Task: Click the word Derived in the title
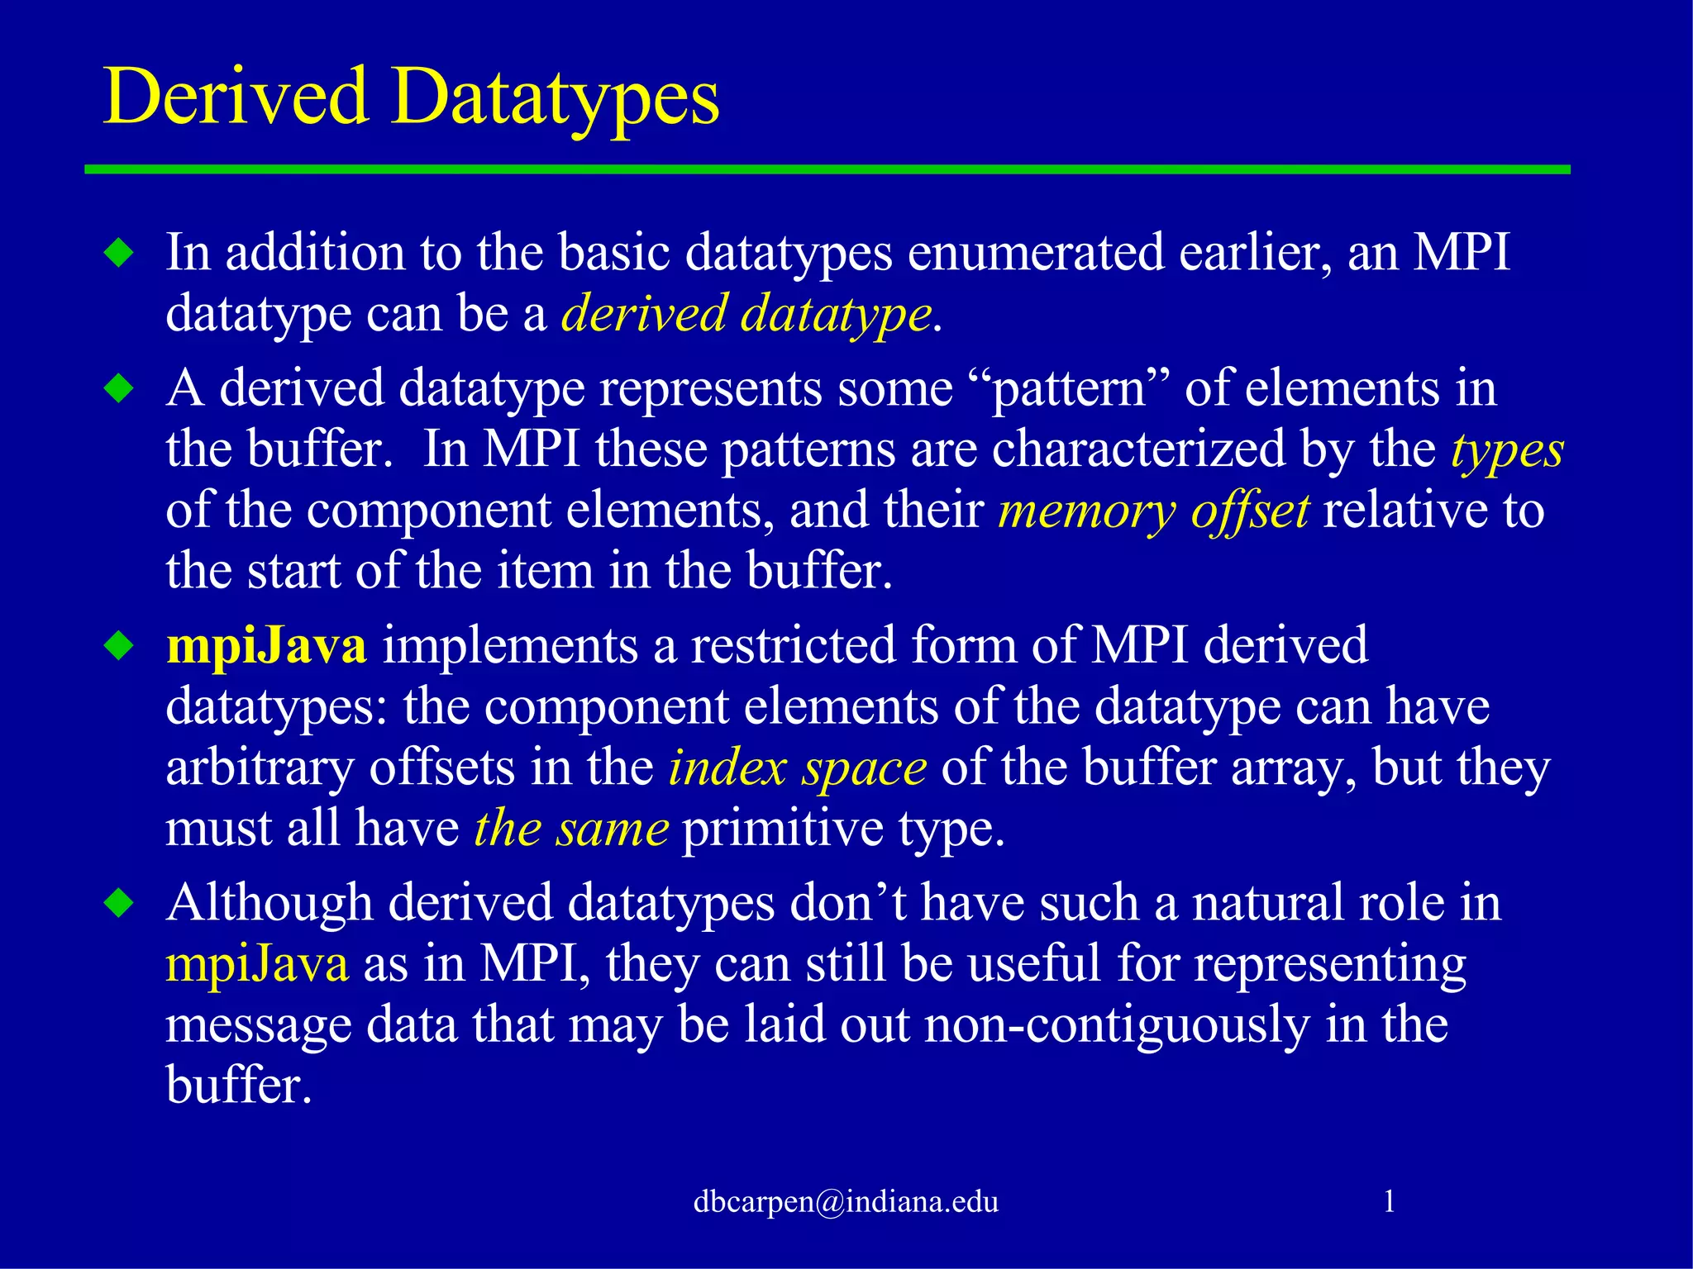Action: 236,97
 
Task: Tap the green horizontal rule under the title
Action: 827,169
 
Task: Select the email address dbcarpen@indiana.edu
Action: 846,1200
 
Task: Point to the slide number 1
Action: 1389,1200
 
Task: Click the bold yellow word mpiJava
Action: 266,645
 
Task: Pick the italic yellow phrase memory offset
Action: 1153,511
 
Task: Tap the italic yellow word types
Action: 1507,450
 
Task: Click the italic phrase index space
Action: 797,768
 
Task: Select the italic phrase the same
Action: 571,828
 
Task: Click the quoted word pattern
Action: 1069,388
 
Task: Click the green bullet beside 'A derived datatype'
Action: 120,388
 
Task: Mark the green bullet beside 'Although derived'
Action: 120,903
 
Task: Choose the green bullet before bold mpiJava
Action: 120,646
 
